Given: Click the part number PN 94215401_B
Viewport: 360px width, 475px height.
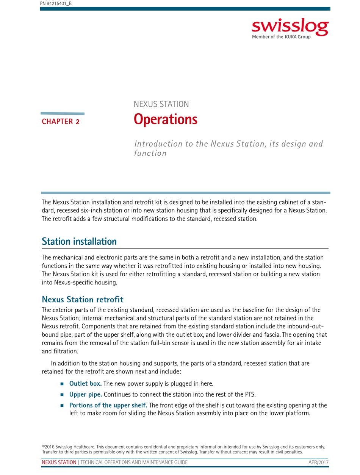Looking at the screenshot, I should tap(56, 4).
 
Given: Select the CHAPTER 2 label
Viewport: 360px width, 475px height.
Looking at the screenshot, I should tap(61, 122).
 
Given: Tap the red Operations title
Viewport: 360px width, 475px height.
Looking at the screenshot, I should tap(166, 119).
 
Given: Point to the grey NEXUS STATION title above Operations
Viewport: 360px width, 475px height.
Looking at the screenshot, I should tap(161, 104).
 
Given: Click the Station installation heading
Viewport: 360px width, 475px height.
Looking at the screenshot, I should tap(79, 241).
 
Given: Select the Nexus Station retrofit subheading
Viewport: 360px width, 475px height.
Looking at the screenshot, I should tap(82, 300).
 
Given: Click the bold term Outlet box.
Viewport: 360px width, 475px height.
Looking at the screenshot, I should tap(85, 384).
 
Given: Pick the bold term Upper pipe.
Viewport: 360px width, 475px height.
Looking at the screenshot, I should tap(86, 394).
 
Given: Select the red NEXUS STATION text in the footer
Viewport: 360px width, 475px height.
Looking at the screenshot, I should tap(59, 462).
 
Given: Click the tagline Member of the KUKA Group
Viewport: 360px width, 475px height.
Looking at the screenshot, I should tap(281, 37).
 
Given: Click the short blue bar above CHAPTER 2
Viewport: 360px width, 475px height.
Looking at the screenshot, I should tap(63, 113).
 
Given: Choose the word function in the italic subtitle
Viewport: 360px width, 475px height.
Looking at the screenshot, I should tap(150, 153).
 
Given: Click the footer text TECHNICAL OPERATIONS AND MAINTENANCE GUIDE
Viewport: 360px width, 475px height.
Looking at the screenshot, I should tap(134, 462).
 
